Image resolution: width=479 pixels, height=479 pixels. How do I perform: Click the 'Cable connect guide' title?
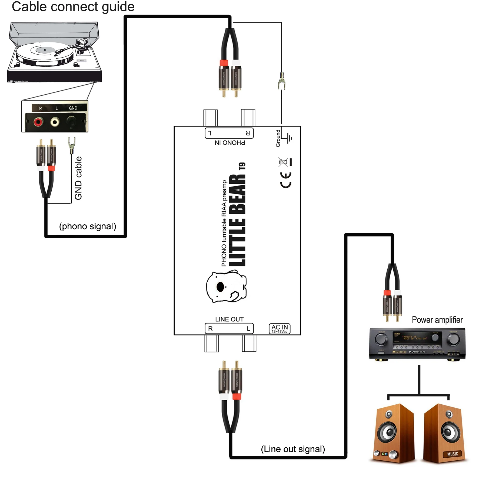point(73,7)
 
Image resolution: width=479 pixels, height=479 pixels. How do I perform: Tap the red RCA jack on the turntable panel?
point(38,122)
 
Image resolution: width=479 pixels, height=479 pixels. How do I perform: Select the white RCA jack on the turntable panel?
point(55,122)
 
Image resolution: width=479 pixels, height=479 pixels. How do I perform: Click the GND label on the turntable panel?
point(73,108)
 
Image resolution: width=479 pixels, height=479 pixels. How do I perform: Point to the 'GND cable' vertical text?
point(78,178)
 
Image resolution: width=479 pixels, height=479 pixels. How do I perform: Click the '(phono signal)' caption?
point(88,226)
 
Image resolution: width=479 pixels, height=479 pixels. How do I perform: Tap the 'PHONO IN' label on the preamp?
point(230,143)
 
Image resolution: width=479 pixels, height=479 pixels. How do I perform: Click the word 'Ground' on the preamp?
point(278,138)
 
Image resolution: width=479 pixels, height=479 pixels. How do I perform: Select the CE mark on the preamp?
point(286,180)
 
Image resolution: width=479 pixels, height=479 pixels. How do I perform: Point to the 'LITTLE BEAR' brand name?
point(237,220)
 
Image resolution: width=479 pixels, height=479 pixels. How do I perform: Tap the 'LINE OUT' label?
point(229,319)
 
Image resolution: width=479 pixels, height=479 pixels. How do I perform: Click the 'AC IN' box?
point(280,329)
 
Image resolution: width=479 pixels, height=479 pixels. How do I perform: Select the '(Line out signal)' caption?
point(293,449)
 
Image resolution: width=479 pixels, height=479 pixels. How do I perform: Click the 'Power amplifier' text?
point(437,320)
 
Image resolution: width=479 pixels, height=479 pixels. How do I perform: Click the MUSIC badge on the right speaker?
point(452,454)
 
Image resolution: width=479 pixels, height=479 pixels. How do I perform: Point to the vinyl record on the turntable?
point(45,53)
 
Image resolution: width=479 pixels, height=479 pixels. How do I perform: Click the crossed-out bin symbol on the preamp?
point(283,162)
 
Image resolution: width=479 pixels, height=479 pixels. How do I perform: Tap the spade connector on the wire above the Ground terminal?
point(282,81)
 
